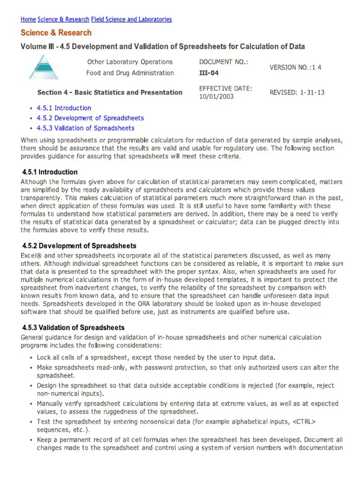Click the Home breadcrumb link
28,19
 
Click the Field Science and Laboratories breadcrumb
131,19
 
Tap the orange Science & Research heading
56,33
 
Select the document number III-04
209,73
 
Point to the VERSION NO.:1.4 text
295,67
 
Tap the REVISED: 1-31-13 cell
297,92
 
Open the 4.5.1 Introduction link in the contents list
64,108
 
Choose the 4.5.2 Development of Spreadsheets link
90,118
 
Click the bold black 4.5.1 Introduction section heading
50,172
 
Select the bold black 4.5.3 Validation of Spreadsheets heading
74,328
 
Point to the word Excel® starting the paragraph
31,255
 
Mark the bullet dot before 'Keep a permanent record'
30,440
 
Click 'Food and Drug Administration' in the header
130,73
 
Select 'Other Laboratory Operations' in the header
130,62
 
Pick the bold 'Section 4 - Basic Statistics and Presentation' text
110,92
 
